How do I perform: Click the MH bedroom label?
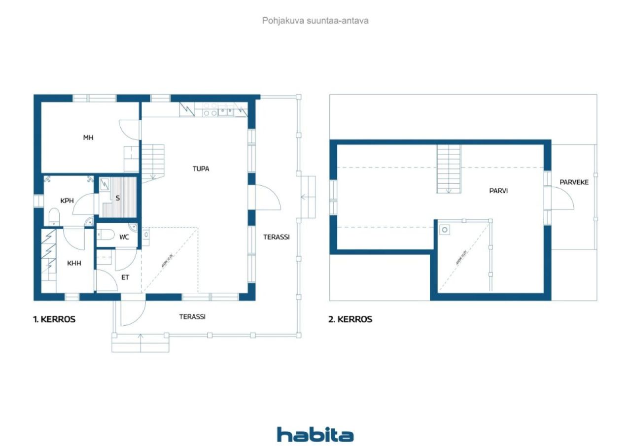coord(88,138)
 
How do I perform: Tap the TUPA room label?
coord(201,169)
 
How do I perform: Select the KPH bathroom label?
coord(67,201)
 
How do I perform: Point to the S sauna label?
coord(118,198)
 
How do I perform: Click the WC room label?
coord(124,237)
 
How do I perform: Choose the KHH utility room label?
coord(74,263)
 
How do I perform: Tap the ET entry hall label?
coord(125,277)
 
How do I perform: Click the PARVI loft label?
coord(498,189)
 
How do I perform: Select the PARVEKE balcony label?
coord(574,182)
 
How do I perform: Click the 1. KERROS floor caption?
coord(54,319)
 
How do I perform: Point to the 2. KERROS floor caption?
coord(351,319)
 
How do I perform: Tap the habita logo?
coord(315,434)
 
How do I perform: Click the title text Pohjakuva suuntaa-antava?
coord(315,21)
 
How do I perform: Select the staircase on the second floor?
coord(449,169)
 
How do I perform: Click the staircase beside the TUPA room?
coord(153,161)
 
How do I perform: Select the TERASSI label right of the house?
coord(276,237)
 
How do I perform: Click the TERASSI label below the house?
coord(192,317)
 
